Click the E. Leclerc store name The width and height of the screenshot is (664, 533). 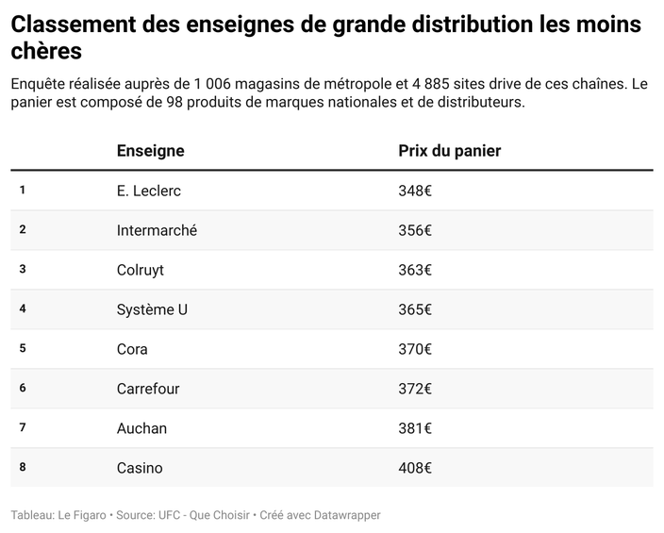pyautogui.click(x=148, y=191)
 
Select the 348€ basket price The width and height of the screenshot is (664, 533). pyautogui.click(x=415, y=191)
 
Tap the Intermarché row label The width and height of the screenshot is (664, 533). pyautogui.click(x=157, y=230)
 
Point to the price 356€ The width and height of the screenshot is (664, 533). pyautogui.click(x=415, y=230)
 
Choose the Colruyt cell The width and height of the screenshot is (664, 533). pyautogui.click(x=140, y=270)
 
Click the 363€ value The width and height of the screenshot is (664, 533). pyautogui.click(x=415, y=270)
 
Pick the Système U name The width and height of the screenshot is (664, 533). pyautogui.click(x=152, y=309)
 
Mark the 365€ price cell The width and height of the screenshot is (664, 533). pyautogui.click(x=415, y=309)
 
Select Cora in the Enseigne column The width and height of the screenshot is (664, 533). pyautogui.click(x=132, y=349)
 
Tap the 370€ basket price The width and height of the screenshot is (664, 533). pyautogui.click(x=415, y=349)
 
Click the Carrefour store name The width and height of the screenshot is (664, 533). pyautogui.click(x=148, y=389)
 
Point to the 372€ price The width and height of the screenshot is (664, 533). pyautogui.click(x=415, y=389)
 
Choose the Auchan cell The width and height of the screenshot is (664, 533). pyautogui.click(x=141, y=428)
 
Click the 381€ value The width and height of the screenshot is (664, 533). pyautogui.click(x=415, y=428)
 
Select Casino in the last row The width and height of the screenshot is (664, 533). pyautogui.click(x=140, y=468)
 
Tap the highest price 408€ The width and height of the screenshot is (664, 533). pyautogui.click(x=415, y=468)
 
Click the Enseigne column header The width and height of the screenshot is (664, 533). pyautogui.click(x=150, y=151)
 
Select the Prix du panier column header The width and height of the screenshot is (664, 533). pyautogui.click(x=449, y=151)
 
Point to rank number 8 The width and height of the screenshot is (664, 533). pyautogui.click(x=23, y=467)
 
